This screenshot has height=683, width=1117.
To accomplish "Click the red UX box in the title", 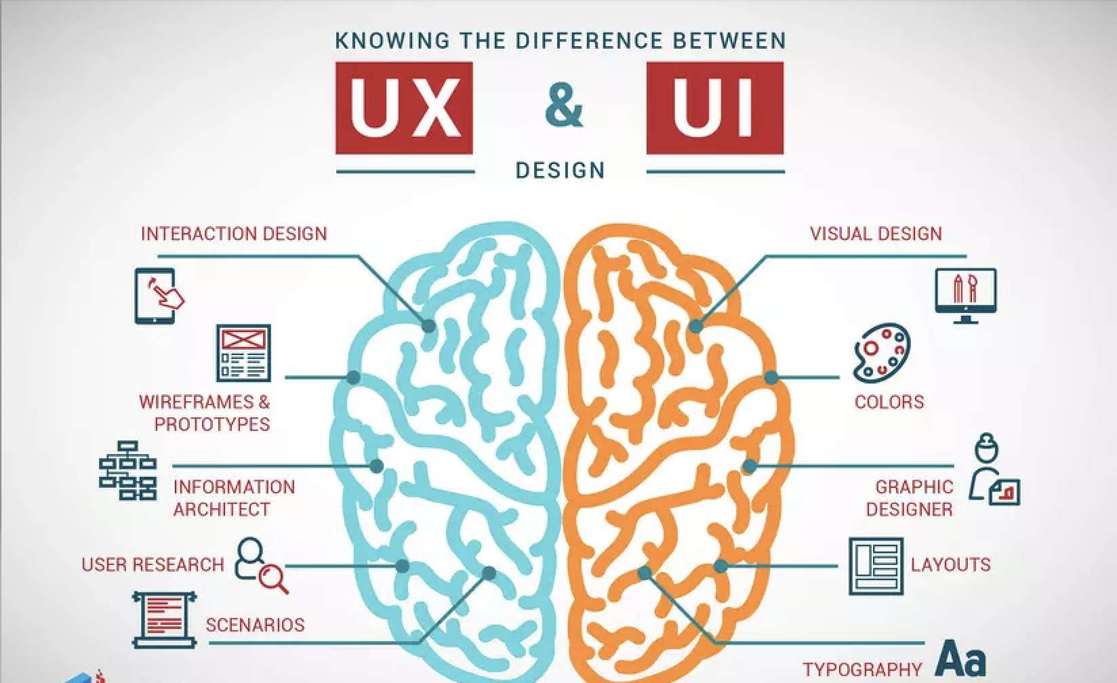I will coord(404,108).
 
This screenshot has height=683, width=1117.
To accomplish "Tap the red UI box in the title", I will coord(714,108).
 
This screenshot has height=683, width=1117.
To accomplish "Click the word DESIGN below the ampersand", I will coord(561,169).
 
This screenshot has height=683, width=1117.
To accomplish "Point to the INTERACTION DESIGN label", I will coord(234,234).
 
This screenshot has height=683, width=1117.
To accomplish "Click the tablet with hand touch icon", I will coord(159,295).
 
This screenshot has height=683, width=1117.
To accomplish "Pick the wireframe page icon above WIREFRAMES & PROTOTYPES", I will coord(243,353).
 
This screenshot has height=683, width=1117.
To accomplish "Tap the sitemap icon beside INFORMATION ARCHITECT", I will coord(127,470).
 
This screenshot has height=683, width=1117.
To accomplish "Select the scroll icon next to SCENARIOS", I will coord(164,619).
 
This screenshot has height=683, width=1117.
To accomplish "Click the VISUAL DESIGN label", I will coord(876,234).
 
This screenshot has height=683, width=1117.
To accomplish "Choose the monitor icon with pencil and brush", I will coord(965,295).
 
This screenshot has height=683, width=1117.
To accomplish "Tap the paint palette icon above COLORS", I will coord(880,353).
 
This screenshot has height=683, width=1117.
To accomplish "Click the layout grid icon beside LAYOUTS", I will coord(876,566).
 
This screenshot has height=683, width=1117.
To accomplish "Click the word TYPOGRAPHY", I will coord(862,670).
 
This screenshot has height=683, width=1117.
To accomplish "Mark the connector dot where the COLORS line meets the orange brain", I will coord(771,377).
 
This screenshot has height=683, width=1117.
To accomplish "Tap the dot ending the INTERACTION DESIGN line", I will coord(428,326).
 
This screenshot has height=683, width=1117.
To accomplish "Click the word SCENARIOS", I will coord(255,624).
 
